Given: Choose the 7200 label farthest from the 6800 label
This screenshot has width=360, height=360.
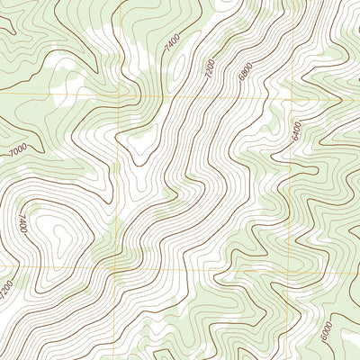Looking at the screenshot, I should pos(7,290).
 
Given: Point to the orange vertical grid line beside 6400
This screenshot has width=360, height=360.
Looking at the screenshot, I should pos(290,180).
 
